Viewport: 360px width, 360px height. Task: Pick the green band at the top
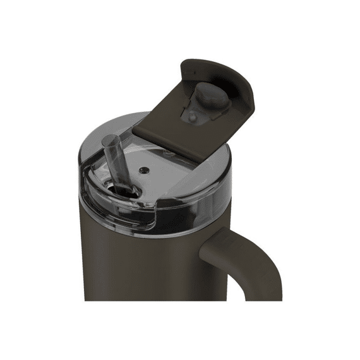click(180, 22)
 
